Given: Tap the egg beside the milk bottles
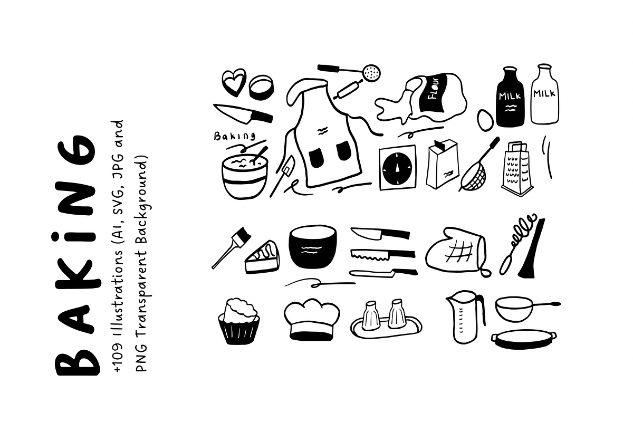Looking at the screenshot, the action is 485,120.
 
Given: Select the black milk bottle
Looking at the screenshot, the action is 511,97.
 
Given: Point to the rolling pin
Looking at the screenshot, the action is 348,89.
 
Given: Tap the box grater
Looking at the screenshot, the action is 517,169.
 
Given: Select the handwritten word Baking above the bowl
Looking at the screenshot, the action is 234,136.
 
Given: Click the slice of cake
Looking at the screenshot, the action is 262,257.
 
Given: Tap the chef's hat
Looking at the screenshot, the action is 312,319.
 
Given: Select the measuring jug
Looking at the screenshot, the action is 465,317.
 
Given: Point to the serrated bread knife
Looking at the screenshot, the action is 383,254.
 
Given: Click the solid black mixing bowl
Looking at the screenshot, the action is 312,246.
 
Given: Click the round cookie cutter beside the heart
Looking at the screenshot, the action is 262,88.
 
